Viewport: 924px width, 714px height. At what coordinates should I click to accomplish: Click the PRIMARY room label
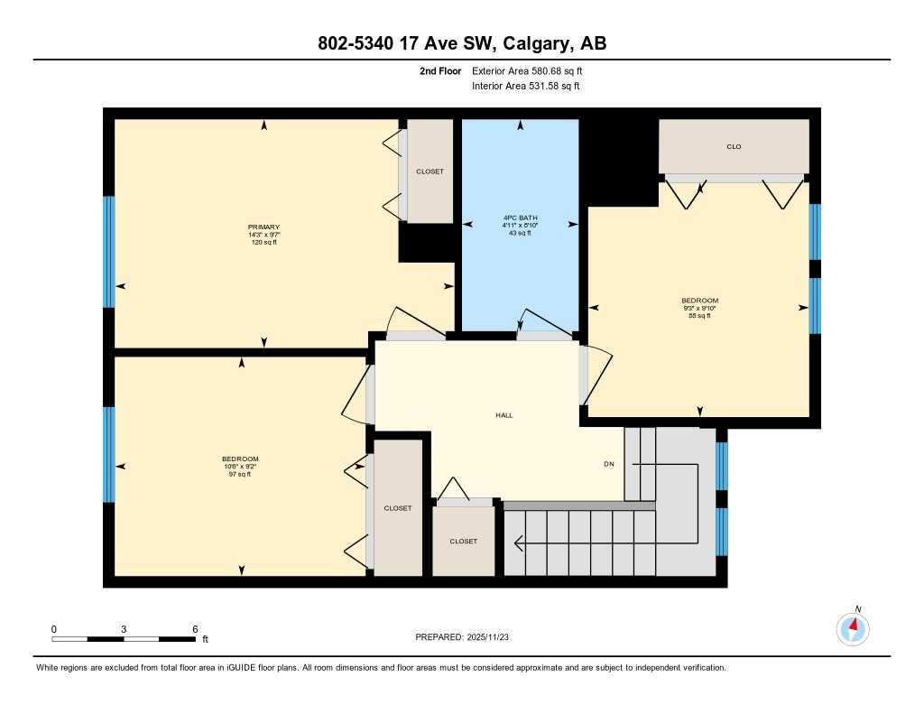(263, 227)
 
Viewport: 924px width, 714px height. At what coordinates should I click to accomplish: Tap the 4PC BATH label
(520, 218)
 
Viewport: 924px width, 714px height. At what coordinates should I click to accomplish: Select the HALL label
(504, 415)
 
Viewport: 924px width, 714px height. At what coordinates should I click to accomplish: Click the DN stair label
(609, 465)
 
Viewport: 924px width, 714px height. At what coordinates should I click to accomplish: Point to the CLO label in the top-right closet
(734, 146)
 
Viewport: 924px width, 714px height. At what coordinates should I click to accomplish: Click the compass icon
(853, 628)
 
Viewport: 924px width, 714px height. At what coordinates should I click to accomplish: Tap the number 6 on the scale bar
(194, 629)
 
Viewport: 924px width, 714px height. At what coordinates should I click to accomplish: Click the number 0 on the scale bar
(54, 629)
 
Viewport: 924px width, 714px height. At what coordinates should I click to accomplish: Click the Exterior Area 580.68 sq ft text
(533, 70)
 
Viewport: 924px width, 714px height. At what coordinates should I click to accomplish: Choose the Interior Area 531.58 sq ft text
(525, 87)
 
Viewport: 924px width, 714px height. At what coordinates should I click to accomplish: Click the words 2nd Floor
(440, 70)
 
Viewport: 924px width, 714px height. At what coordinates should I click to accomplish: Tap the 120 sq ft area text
(263, 243)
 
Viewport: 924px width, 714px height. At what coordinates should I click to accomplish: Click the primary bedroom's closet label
(430, 172)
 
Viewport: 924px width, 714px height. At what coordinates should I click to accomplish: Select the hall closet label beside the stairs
(463, 541)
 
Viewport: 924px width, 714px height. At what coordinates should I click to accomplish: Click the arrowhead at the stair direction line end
(519, 543)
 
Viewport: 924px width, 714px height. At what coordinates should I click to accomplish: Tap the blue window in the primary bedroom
(108, 252)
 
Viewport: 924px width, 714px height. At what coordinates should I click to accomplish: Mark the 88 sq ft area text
(699, 316)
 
